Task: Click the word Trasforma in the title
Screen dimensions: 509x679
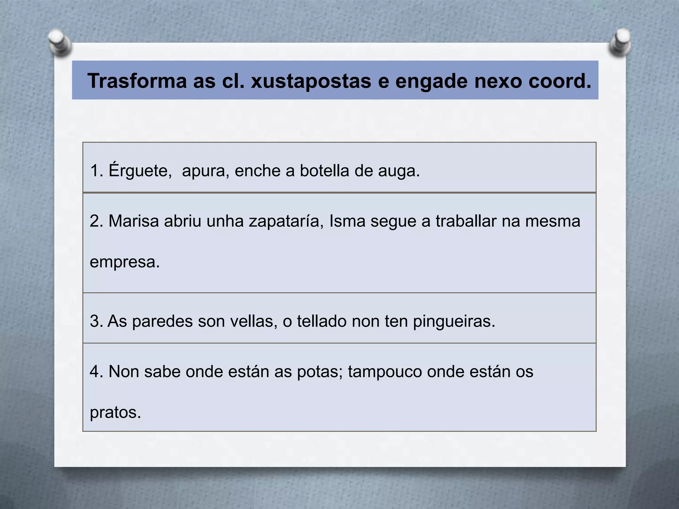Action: tap(137, 81)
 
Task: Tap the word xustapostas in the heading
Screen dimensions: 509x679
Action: tap(311, 81)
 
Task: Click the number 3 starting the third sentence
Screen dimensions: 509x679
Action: tap(95, 321)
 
